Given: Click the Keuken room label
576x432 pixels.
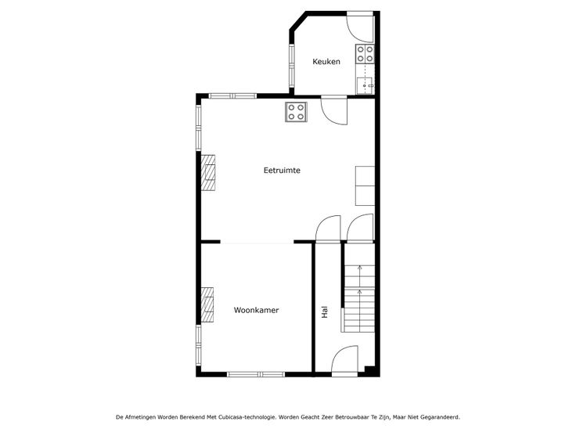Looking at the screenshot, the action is [x=326, y=61].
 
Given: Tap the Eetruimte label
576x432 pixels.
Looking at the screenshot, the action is [x=282, y=170].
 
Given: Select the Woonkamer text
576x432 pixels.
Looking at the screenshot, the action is [x=256, y=310].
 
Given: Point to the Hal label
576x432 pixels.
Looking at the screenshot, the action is [x=325, y=312].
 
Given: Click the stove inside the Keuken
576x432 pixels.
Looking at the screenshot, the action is [x=365, y=54].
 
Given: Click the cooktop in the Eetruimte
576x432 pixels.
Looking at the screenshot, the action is [x=296, y=112].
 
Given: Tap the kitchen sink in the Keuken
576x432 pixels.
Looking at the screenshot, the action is [x=365, y=85].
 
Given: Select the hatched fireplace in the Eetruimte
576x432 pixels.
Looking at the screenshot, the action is [x=207, y=172].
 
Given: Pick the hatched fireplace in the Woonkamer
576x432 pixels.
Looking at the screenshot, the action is [x=207, y=305].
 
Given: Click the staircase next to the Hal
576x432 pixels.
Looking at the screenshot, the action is [x=359, y=288].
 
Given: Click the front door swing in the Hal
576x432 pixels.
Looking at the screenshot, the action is [x=344, y=360].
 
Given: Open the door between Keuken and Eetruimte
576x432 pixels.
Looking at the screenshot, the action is [x=334, y=110].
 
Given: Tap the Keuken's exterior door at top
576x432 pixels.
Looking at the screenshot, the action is [x=360, y=27].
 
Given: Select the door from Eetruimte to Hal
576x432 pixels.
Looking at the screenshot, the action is [x=328, y=229].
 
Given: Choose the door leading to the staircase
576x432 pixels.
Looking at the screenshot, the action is [x=360, y=228].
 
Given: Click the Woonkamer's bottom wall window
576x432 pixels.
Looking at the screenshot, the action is [x=256, y=374].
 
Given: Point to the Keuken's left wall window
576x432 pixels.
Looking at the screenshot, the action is [x=292, y=66].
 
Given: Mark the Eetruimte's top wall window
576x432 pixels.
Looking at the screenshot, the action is [x=233, y=96].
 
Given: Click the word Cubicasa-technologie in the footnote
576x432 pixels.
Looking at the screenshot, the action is [x=247, y=417].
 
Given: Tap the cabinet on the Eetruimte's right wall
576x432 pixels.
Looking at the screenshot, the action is [x=365, y=185].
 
